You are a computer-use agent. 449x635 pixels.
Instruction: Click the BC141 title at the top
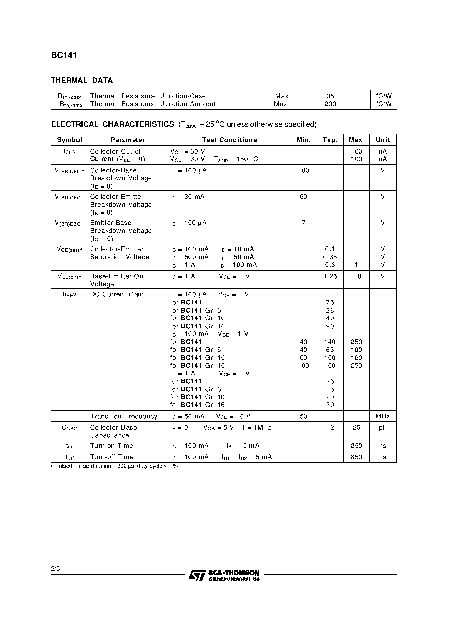click(x=64, y=55)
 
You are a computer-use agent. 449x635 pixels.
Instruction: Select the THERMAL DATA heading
click(x=82, y=81)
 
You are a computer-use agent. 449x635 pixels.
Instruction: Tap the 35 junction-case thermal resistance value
click(x=330, y=96)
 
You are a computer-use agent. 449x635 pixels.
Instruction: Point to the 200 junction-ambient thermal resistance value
click(x=330, y=104)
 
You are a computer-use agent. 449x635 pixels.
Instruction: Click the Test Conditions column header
click(x=229, y=140)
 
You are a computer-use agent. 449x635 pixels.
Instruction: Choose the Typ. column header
click(x=330, y=140)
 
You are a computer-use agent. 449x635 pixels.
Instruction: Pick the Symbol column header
click(x=70, y=140)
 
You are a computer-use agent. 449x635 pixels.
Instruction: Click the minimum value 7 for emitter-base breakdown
click(x=303, y=223)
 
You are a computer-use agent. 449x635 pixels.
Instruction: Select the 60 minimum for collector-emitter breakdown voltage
click(x=303, y=197)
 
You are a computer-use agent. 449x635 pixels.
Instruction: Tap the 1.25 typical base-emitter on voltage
click(x=330, y=276)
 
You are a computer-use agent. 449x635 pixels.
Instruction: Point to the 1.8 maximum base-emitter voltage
click(x=356, y=276)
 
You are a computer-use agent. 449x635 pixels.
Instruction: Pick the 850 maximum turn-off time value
click(x=356, y=457)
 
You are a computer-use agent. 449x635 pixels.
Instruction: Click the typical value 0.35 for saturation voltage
click(x=330, y=257)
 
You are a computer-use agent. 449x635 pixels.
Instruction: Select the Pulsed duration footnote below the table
click(x=114, y=466)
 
